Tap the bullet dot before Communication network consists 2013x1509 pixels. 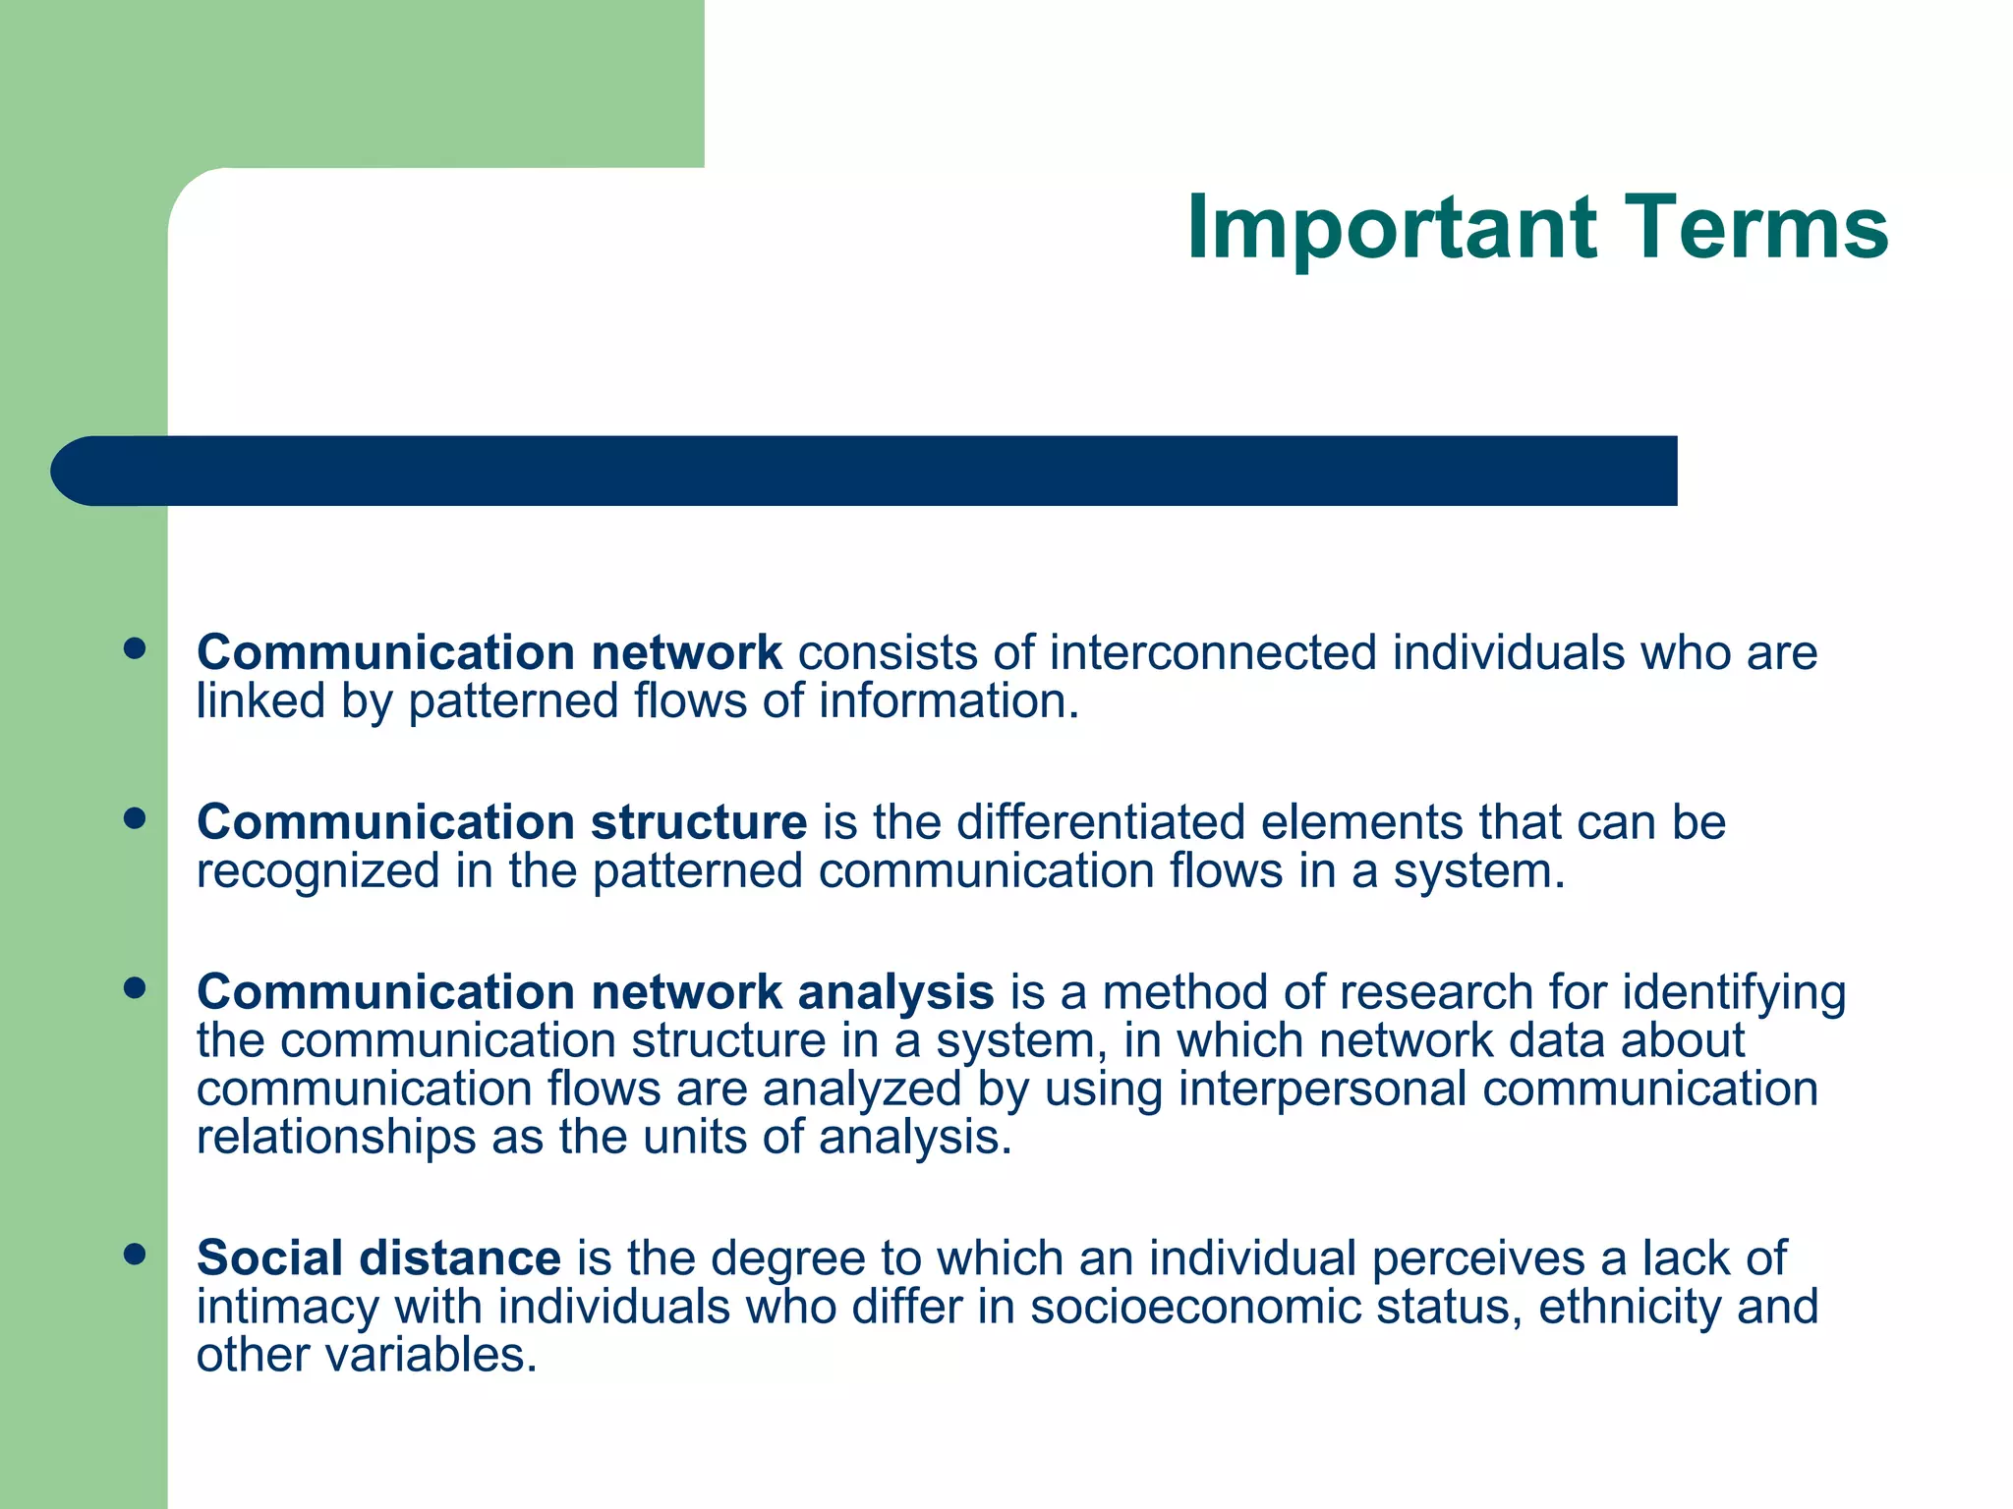point(135,648)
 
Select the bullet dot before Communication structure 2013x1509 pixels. point(135,818)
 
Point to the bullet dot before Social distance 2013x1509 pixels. point(135,1254)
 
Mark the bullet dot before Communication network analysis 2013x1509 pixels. point(135,987)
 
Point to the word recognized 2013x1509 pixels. point(316,872)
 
